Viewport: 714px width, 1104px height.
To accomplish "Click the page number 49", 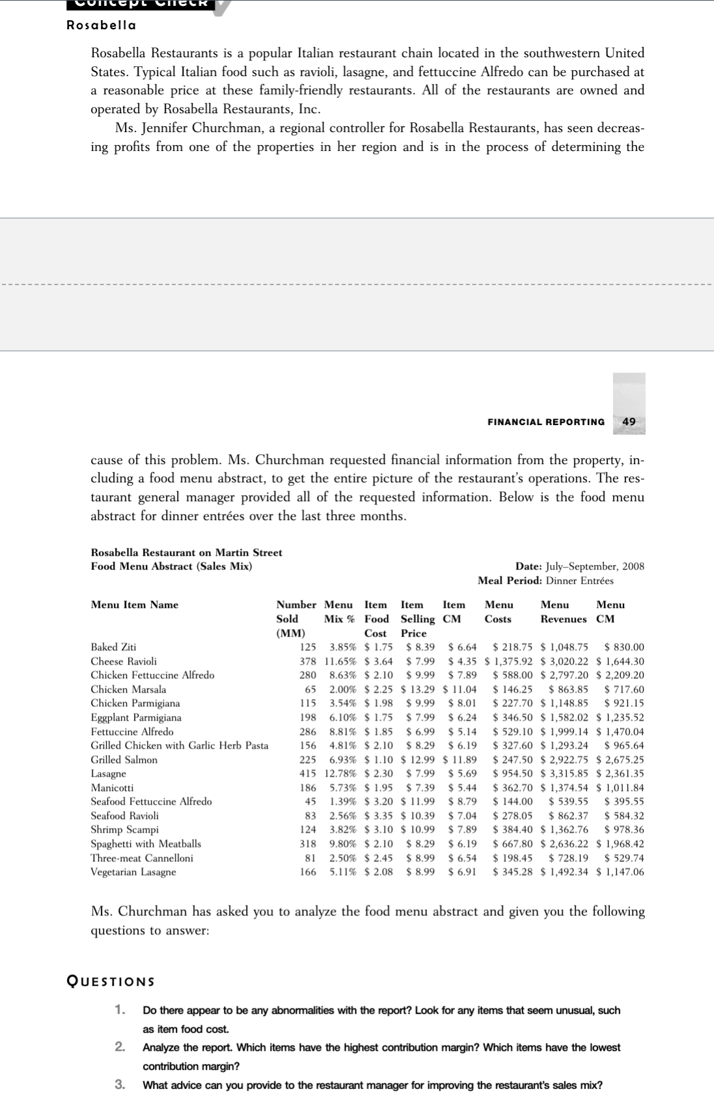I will (629, 422).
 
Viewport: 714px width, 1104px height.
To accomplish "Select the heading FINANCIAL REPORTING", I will (545, 422).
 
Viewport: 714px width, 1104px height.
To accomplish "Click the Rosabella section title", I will (102, 25).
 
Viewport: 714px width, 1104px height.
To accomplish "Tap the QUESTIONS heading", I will (111, 982).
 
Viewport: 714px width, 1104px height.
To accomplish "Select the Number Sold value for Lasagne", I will (307, 773).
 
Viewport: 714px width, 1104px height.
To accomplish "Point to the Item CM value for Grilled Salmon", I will (460, 760).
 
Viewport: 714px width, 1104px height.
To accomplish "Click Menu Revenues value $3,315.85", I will (564, 773).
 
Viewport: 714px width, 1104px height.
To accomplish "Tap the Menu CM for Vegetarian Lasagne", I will (620, 872).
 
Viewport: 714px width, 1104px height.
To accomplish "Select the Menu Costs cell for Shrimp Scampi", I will (512, 829).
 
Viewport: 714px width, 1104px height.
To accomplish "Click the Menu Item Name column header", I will (134, 605).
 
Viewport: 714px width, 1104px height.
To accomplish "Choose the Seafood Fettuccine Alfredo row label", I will (151, 801).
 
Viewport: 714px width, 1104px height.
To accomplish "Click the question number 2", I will (120, 1047).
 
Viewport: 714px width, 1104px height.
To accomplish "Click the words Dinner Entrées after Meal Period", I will (579, 581).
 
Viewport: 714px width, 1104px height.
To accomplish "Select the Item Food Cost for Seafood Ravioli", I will (378, 816).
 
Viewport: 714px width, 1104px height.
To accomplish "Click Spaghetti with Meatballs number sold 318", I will (307, 844).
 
